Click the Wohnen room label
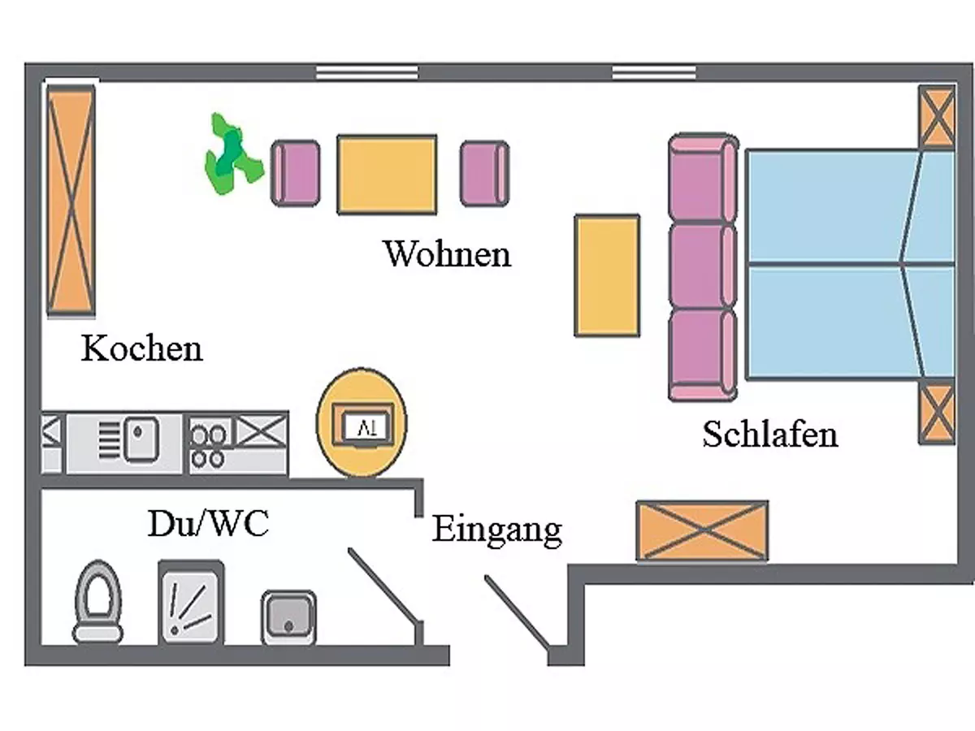[x=447, y=253]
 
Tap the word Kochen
[x=141, y=349]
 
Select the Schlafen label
[x=769, y=434]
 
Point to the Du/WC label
[x=208, y=525]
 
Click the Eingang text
[x=496, y=530]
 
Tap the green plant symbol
[x=231, y=155]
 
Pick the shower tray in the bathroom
[x=191, y=603]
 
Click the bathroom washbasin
[x=288, y=617]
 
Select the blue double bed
[x=845, y=264]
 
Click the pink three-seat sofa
[x=703, y=268]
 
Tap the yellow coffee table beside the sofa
[x=607, y=275]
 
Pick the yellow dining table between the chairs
[x=387, y=175]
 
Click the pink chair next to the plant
[x=295, y=172]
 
